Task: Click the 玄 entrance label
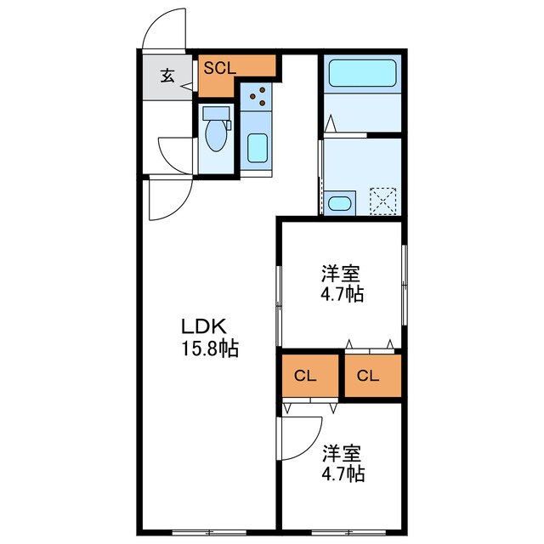tap(167, 76)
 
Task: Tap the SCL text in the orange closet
tap(219, 68)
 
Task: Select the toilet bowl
tap(217, 136)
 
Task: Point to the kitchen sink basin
tap(258, 147)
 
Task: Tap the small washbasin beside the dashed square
tap(339, 202)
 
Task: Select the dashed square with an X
tap(385, 201)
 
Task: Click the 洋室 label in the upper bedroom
tap(341, 275)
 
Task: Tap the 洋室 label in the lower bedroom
tap(341, 452)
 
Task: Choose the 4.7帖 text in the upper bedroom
tap(342, 295)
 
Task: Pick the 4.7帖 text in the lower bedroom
tap(342, 473)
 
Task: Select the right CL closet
tap(370, 374)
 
